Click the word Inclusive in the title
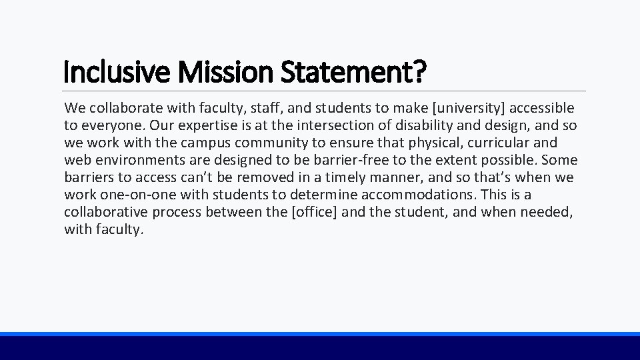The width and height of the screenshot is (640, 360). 109,72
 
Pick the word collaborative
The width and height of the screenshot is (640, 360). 106,212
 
